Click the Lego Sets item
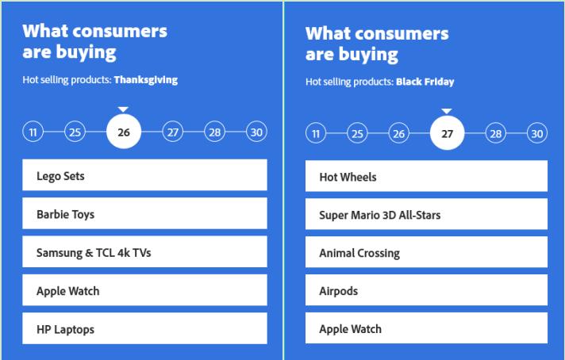click(x=144, y=175)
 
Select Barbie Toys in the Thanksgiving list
click(x=144, y=213)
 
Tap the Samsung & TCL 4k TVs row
click(x=144, y=251)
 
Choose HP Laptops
click(x=144, y=328)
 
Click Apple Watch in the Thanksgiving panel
click(x=144, y=290)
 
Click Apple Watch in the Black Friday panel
click(x=426, y=328)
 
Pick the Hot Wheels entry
click(x=426, y=176)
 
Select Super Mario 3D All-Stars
click(x=426, y=214)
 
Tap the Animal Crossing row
click(x=426, y=252)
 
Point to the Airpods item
click(x=426, y=290)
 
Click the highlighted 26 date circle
click(x=124, y=132)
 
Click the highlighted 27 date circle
click(x=448, y=133)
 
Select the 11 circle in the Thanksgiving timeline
click(x=33, y=132)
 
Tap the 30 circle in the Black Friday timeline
click(x=537, y=133)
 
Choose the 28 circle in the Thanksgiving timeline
click(x=215, y=132)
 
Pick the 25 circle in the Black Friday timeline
click(x=357, y=133)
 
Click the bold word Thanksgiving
click(x=146, y=80)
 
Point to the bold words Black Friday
click(x=425, y=82)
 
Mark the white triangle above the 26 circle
click(x=123, y=109)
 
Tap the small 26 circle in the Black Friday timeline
click(x=398, y=133)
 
